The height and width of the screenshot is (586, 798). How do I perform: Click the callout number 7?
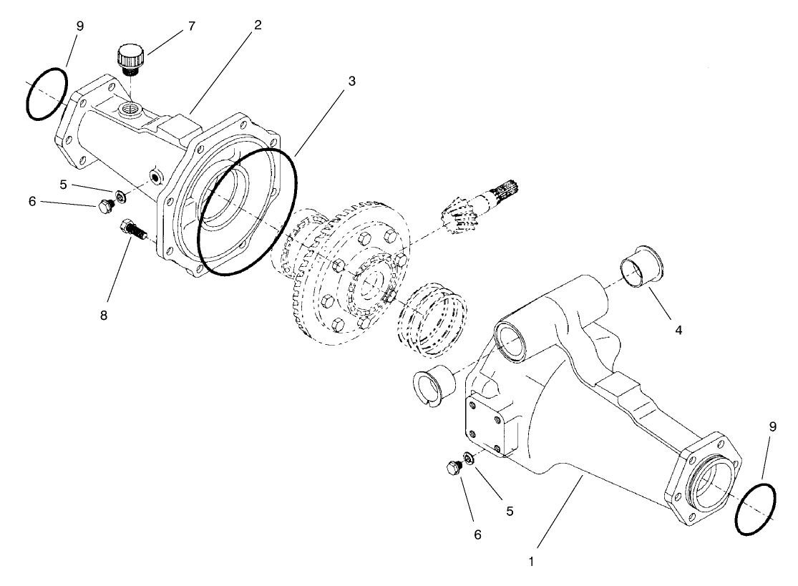(x=191, y=26)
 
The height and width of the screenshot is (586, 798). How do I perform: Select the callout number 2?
(x=257, y=25)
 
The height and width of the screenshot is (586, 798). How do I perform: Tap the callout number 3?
(x=351, y=82)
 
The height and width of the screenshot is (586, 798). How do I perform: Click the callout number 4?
(x=677, y=331)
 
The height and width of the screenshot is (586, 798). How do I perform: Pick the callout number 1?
(x=530, y=562)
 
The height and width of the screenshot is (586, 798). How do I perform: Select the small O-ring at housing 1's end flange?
(x=755, y=508)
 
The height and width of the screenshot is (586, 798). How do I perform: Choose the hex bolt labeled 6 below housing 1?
(x=452, y=469)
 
